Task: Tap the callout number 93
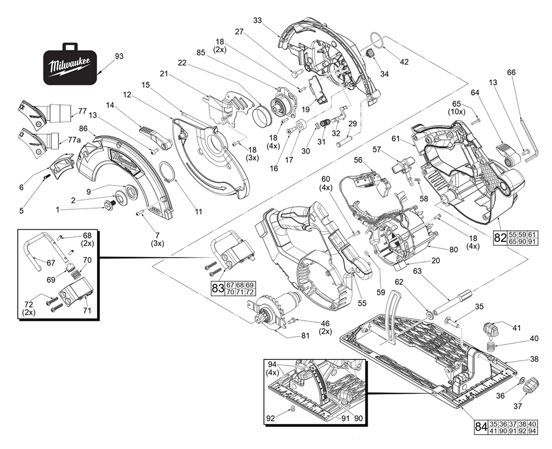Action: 119,56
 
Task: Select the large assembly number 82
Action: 500,239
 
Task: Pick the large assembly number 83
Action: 217,288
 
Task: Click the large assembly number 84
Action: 481,427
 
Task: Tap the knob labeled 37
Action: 532,383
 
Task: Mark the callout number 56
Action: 358,160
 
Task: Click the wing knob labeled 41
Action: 490,329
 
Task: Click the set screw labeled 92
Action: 293,410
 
